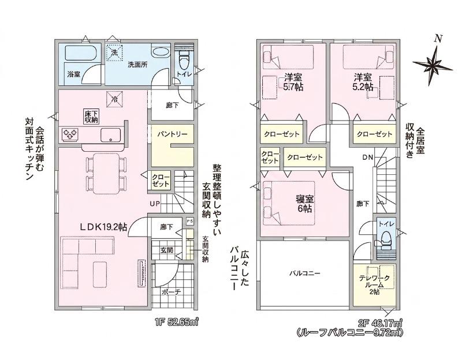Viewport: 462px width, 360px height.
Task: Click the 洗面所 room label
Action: (137, 65)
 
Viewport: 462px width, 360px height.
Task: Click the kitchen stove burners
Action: (70, 134)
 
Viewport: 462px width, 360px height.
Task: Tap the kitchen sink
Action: (110, 135)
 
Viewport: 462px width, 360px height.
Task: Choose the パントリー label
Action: (172, 134)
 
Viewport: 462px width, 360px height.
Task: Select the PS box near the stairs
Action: (189, 220)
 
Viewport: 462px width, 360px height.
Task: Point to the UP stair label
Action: (155, 203)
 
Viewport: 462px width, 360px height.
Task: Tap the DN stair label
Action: (368, 157)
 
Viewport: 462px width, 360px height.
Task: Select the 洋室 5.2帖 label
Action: (363, 82)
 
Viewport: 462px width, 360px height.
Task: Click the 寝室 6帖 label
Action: (305, 204)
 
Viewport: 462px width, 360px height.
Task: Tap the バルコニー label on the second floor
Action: (304, 273)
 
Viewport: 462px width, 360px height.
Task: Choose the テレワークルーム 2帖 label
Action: (374, 284)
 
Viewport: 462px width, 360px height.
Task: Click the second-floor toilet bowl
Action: (386, 237)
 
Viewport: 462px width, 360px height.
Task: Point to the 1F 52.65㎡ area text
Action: (176, 323)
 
